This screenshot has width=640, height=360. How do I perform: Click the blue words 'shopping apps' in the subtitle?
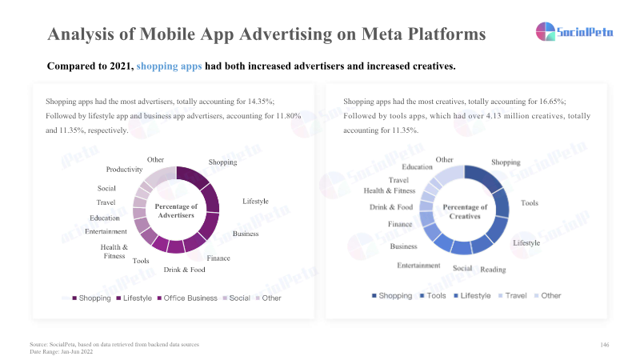point(169,66)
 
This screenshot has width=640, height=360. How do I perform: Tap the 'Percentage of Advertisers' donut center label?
point(176,210)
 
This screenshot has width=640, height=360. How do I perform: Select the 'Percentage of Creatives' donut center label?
point(464,211)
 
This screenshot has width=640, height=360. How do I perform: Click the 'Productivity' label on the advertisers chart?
point(124,170)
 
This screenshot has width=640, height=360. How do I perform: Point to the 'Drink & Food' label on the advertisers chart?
point(184,270)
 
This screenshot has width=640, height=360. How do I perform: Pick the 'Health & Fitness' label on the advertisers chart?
point(114,251)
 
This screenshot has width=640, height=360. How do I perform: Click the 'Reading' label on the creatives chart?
point(493,270)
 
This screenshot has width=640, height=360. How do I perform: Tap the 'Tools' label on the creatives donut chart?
point(530,203)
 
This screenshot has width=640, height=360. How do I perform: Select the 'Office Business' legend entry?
point(190,298)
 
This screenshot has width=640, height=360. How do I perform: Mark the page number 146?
point(605,344)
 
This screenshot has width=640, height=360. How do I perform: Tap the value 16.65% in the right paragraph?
point(553,102)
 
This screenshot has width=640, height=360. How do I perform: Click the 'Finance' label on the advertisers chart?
point(218,258)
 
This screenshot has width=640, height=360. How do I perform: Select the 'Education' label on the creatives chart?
point(418,166)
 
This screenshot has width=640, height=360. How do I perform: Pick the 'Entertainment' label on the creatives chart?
point(418,265)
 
